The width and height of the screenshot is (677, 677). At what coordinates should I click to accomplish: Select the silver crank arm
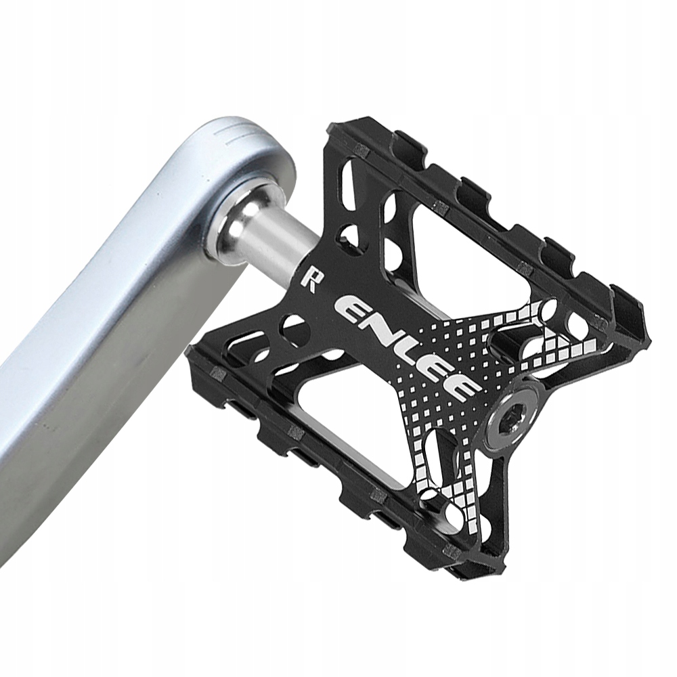(102, 325)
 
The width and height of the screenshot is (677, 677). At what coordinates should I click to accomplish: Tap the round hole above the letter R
(350, 236)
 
